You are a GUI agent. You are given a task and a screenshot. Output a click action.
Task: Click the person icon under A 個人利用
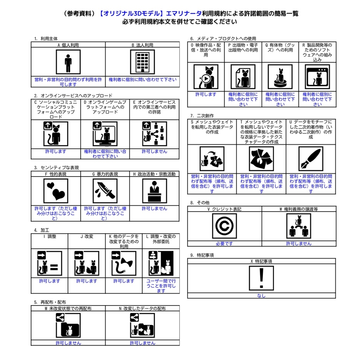click(x=68, y=62)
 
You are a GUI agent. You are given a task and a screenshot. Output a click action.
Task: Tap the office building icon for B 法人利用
click(x=142, y=62)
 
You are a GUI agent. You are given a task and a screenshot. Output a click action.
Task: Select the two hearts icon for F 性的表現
click(x=56, y=191)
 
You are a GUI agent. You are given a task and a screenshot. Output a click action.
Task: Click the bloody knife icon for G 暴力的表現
click(x=105, y=191)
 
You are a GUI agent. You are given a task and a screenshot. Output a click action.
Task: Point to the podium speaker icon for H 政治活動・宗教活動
click(x=155, y=191)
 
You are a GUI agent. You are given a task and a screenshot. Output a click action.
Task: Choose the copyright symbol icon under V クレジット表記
click(x=224, y=226)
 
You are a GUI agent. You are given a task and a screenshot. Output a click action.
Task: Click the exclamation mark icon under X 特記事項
click(x=261, y=278)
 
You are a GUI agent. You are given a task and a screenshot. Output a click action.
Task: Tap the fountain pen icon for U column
click(x=311, y=159)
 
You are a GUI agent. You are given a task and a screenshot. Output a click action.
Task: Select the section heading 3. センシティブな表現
click(x=57, y=168)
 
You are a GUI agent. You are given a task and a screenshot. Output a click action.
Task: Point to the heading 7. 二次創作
click(x=202, y=116)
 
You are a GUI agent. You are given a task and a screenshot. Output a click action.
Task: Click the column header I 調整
click(x=50, y=237)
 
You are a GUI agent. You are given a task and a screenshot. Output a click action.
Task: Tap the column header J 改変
click(x=87, y=237)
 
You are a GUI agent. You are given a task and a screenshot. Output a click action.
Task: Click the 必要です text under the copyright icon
click(x=224, y=244)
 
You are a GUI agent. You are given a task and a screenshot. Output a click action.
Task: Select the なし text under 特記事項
click(x=261, y=296)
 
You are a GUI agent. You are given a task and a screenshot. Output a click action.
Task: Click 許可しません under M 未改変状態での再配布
click(x=68, y=343)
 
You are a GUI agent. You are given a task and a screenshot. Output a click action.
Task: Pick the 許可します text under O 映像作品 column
click(x=206, y=94)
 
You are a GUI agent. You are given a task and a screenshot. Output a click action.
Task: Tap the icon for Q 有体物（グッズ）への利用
click(x=280, y=77)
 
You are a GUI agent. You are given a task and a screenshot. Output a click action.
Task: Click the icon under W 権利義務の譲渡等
click(x=299, y=226)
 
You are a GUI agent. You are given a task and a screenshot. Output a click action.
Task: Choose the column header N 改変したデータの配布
click(x=142, y=309)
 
